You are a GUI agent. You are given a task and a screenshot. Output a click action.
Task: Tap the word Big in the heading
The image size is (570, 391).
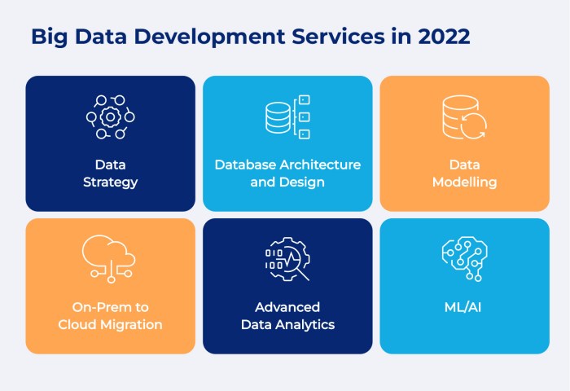(50, 37)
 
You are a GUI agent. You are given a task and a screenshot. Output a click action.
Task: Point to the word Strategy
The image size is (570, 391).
(111, 182)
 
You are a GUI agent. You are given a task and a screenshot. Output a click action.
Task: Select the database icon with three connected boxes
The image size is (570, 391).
(287, 116)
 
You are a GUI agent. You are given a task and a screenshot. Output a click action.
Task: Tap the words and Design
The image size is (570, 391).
(287, 182)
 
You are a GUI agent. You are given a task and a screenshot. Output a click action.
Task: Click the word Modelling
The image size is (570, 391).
(465, 182)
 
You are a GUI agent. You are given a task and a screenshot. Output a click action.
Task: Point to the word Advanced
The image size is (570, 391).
(287, 307)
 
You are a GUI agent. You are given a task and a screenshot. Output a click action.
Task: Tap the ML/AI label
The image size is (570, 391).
(463, 307)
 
